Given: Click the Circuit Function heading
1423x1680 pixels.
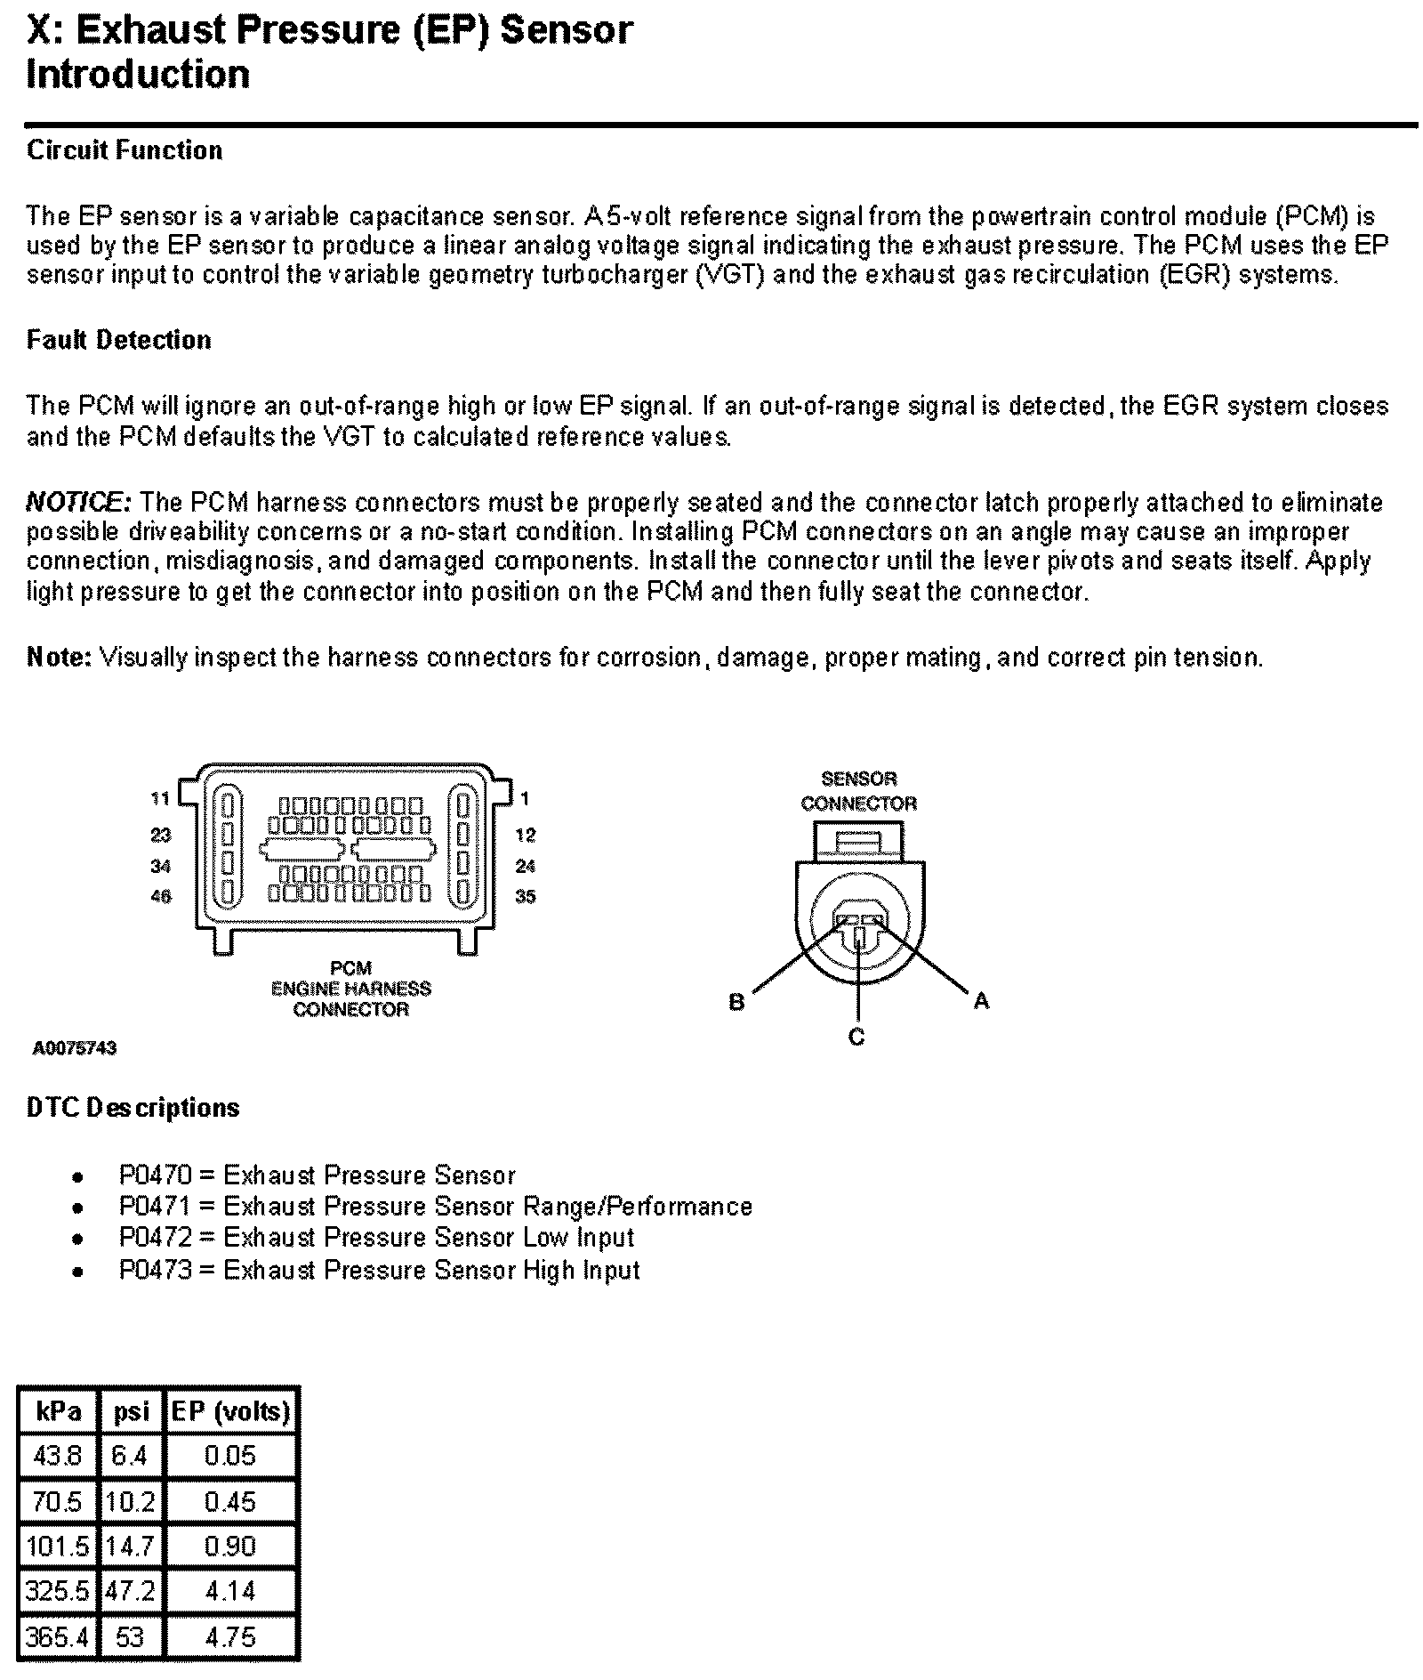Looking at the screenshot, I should [125, 150].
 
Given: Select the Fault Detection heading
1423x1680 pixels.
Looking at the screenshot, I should [119, 340].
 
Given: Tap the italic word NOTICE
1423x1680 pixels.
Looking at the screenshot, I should [78, 502].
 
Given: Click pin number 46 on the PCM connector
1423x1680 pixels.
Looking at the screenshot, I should [160, 896].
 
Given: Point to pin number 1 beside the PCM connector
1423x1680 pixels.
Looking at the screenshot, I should [525, 799].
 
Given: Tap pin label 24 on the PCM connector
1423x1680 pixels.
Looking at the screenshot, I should [525, 866].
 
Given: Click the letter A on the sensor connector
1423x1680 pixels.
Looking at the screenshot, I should [981, 1001].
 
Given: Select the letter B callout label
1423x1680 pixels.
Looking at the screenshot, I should [736, 1002].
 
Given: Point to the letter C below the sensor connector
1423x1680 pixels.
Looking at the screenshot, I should [856, 1037].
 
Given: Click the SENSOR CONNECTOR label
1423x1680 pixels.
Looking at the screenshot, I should [858, 791].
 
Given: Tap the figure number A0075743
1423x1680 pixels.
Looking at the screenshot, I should [76, 1048].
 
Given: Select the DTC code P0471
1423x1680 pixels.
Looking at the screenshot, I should [156, 1207].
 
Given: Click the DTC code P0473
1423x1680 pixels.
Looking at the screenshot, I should [156, 1270].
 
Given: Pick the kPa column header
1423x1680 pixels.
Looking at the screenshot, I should [59, 1411].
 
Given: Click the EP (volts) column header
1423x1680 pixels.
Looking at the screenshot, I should [231, 1411].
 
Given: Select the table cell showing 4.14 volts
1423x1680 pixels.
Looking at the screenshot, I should [230, 1590].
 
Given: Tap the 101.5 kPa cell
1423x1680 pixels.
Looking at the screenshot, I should [59, 1546].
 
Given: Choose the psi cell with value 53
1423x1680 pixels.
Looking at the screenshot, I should [130, 1636].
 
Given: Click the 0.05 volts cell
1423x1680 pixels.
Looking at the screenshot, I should [230, 1456].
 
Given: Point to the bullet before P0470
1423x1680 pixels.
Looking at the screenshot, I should [78, 1177].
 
